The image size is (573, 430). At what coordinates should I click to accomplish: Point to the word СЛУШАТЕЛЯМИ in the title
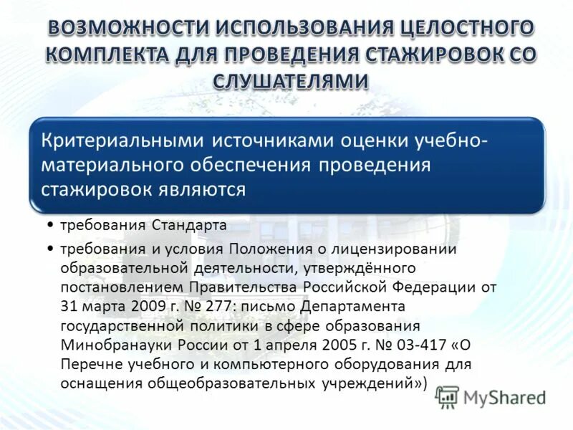point(290,82)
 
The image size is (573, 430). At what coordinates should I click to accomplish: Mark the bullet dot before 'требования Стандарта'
point(52,225)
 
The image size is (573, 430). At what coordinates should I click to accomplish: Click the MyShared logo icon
point(447,397)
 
